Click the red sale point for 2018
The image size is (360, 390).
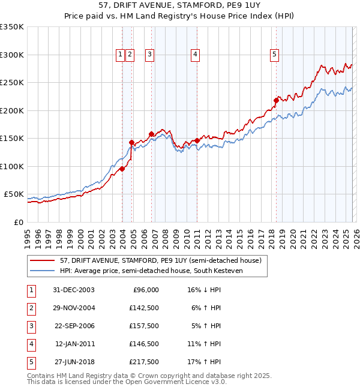click(x=276, y=100)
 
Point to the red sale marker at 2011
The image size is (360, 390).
click(x=197, y=140)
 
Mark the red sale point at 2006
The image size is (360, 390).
click(x=151, y=134)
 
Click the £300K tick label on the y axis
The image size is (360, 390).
click(x=11, y=55)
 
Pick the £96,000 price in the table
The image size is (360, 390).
click(x=145, y=290)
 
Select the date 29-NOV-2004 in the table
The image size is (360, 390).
click(x=74, y=308)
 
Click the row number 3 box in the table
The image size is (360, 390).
click(x=30, y=326)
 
